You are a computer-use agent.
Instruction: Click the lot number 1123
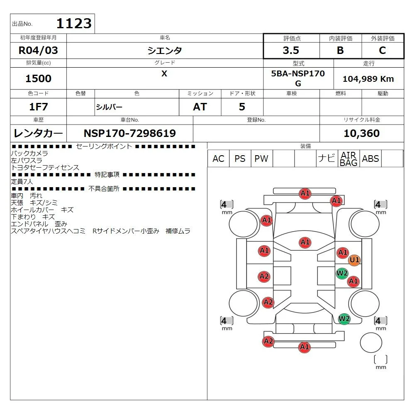[x=73, y=24]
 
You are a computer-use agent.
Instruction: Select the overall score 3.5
[x=291, y=51]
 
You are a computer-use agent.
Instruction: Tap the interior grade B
[x=340, y=51]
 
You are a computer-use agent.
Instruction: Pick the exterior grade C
[x=383, y=51]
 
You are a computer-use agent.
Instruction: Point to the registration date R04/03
[x=39, y=51]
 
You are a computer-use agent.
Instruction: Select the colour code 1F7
[x=39, y=107]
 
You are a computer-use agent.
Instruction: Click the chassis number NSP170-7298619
[x=130, y=133]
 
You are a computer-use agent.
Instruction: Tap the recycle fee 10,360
[x=361, y=133]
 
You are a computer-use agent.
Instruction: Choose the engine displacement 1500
[x=39, y=78]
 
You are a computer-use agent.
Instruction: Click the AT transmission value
[x=200, y=107]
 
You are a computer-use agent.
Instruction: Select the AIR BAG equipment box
[x=349, y=159]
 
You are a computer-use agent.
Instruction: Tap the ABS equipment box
[x=370, y=159]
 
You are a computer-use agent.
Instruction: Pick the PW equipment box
[x=261, y=159]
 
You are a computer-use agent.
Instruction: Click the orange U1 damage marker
[x=354, y=260]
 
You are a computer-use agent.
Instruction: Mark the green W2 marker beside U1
[x=342, y=273]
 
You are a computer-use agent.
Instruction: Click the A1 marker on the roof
[x=305, y=242]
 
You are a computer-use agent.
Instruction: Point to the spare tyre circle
[x=371, y=342]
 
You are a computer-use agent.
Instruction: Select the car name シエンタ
[x=165, y=51]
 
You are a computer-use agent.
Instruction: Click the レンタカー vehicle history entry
[x=39, y=133]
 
